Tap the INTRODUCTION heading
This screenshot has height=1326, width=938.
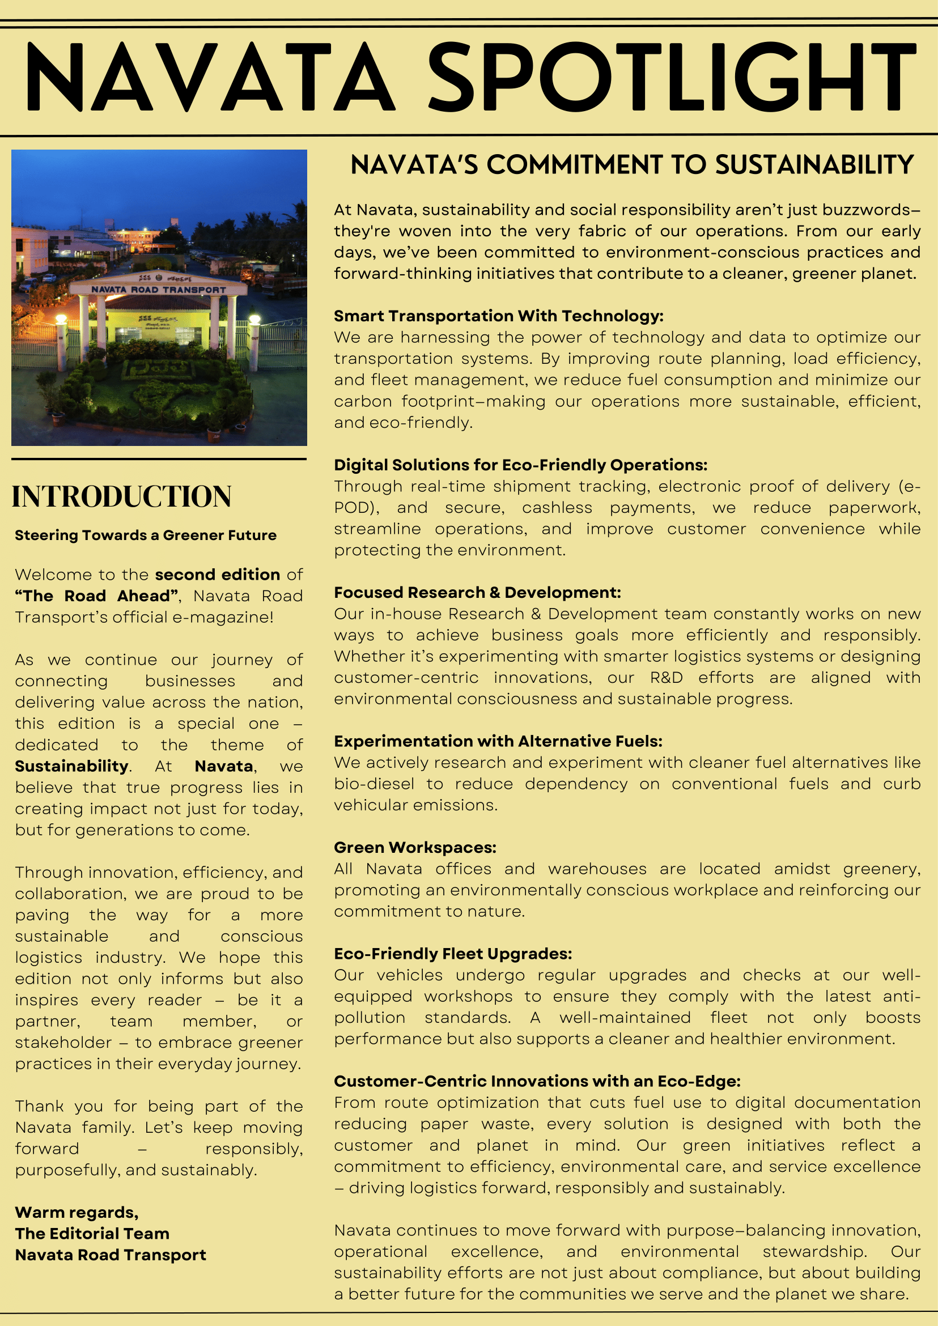click(x=122, y=496)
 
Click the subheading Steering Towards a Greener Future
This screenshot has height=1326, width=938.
click(x=146, y=535)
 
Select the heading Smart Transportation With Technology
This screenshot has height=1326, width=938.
click(x=498, y=316)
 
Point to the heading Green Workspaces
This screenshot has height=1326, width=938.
click(x=415, y=847)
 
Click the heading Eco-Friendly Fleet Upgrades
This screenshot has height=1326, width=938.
click(x=453, y=954)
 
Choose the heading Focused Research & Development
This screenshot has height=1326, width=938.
click(x=477, y=593)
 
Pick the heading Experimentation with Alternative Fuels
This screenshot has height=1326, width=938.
click(x=498, y=741)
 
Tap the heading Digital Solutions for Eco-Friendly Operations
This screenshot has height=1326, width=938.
click(x=520, y=465)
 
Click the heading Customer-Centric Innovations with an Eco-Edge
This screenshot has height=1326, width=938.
click(x=537, y=1081)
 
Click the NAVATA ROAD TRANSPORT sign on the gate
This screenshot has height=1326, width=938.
click(x=159, y=290)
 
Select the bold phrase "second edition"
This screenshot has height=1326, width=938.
click(x=217, y=575)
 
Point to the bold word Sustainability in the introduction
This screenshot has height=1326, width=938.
click(x=71, y=766)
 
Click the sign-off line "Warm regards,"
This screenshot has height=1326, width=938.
click(x=77, y=1212)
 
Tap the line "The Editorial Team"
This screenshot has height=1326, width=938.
click(x=92, y=1234)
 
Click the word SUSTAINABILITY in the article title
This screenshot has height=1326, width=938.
click(x=814, y=165)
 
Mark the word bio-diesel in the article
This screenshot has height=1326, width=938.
click(x=374, y=784)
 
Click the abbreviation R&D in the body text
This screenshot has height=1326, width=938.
click(x=667, y=677)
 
